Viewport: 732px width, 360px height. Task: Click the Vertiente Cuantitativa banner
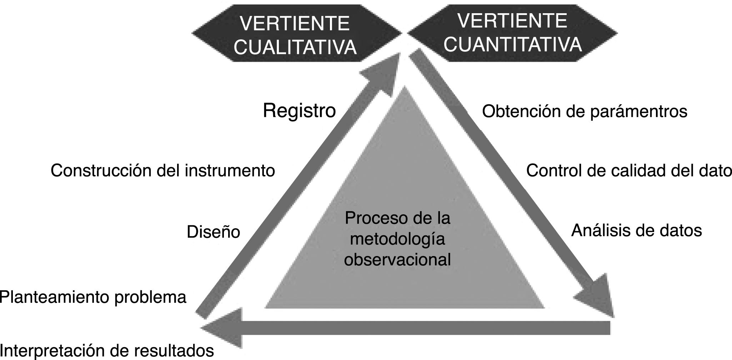point(513,33)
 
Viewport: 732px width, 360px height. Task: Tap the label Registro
point(299,111)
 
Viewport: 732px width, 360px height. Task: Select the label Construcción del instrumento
point(163,171)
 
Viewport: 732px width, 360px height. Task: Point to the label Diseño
point(213,232)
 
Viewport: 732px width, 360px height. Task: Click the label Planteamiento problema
point(93,297)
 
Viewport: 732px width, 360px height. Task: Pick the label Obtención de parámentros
point(585,111)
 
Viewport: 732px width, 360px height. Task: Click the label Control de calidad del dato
point(628,171)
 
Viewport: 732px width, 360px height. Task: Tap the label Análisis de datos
point(636,230)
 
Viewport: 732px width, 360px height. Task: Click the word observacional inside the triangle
point(397,260)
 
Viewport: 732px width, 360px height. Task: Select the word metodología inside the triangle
point(397,239)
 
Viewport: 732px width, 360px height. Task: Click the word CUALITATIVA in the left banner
point(295,47)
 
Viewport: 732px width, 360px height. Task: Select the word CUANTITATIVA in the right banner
point(513,45)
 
